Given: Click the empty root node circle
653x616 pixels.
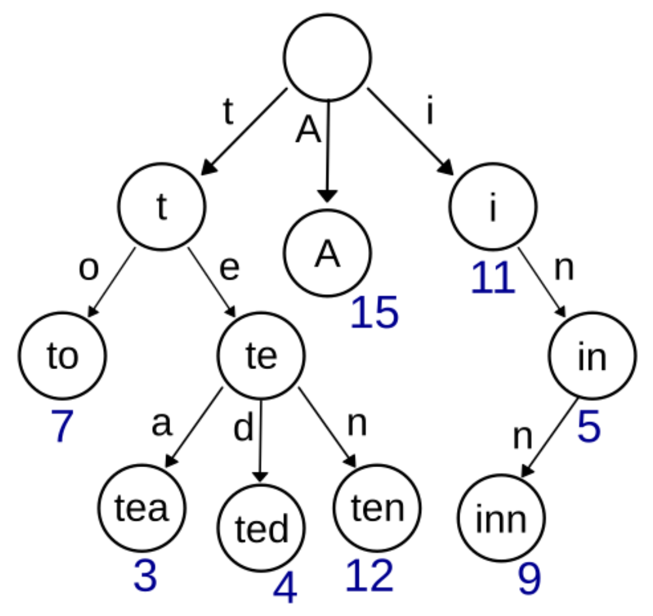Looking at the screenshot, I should tap(327, 57).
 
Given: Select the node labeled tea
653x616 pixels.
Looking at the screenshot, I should tap(142, 508).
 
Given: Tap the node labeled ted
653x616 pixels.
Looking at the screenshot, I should tap(261, 528).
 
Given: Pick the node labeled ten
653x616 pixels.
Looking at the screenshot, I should tap(377, 508).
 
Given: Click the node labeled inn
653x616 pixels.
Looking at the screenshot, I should tap(501, 519).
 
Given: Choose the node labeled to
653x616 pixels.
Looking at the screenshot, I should tap(62, 356).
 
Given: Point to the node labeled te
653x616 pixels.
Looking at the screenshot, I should tap(261, 356).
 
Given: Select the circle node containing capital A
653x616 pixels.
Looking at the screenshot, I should tap(327, 253).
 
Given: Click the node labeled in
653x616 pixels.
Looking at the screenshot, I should tap(592, 356).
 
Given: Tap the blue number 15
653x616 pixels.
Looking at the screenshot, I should tap(374, 313).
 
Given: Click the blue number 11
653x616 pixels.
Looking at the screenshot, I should tap(492, 279).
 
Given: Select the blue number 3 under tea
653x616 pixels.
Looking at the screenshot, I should tap(145, 576).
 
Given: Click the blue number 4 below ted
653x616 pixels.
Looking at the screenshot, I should tap(285, 589).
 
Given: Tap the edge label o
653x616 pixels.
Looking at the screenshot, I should tap(88, 269).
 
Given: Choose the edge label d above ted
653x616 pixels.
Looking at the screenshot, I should tap(243, 428).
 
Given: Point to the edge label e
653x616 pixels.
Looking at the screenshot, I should tap(230, 269).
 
